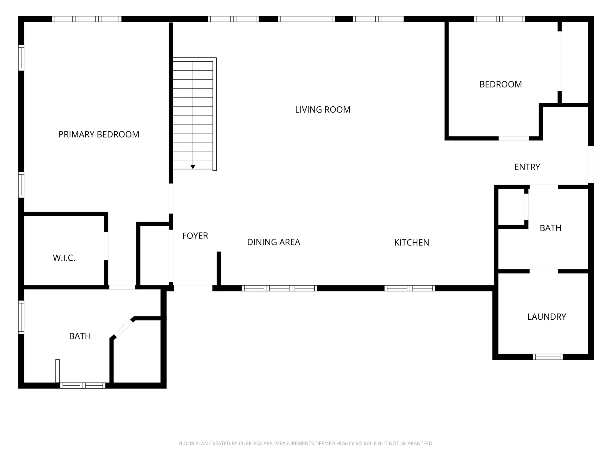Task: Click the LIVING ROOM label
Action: pos(322,109)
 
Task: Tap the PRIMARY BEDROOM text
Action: pos(99,134)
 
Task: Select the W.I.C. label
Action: pos(64,258)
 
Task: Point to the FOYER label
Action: pos(195,236)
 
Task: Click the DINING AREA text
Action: pos(273,242)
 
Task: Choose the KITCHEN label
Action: pos(411,243)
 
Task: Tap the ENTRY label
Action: pos(527,167)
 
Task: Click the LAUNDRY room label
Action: pos(546,317)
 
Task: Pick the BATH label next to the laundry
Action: pos(550,228)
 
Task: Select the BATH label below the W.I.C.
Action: pos(80,336)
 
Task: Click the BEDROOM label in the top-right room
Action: pos(501,84)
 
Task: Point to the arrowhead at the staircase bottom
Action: pos(193,167)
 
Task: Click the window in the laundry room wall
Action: pos(548,357)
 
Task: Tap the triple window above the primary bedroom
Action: pos(87,19)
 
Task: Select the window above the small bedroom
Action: pos(499,19)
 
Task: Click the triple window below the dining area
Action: pos(279,288)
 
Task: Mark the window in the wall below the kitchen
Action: pos(410,288)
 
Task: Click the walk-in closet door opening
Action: pos(106,246)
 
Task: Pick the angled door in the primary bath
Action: pos(123,328)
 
